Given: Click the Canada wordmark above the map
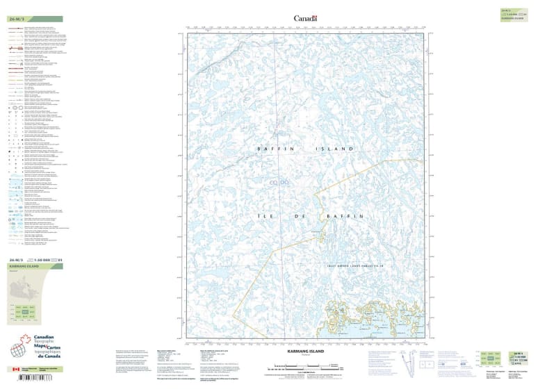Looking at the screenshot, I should pos(305,18).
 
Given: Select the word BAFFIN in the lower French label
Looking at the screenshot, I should pos(345,217).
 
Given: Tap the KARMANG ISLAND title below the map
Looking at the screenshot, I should pos(305,353).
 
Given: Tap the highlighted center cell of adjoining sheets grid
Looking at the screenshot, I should pos(26,313).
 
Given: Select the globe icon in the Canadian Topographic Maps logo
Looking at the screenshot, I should pos(21,351).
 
